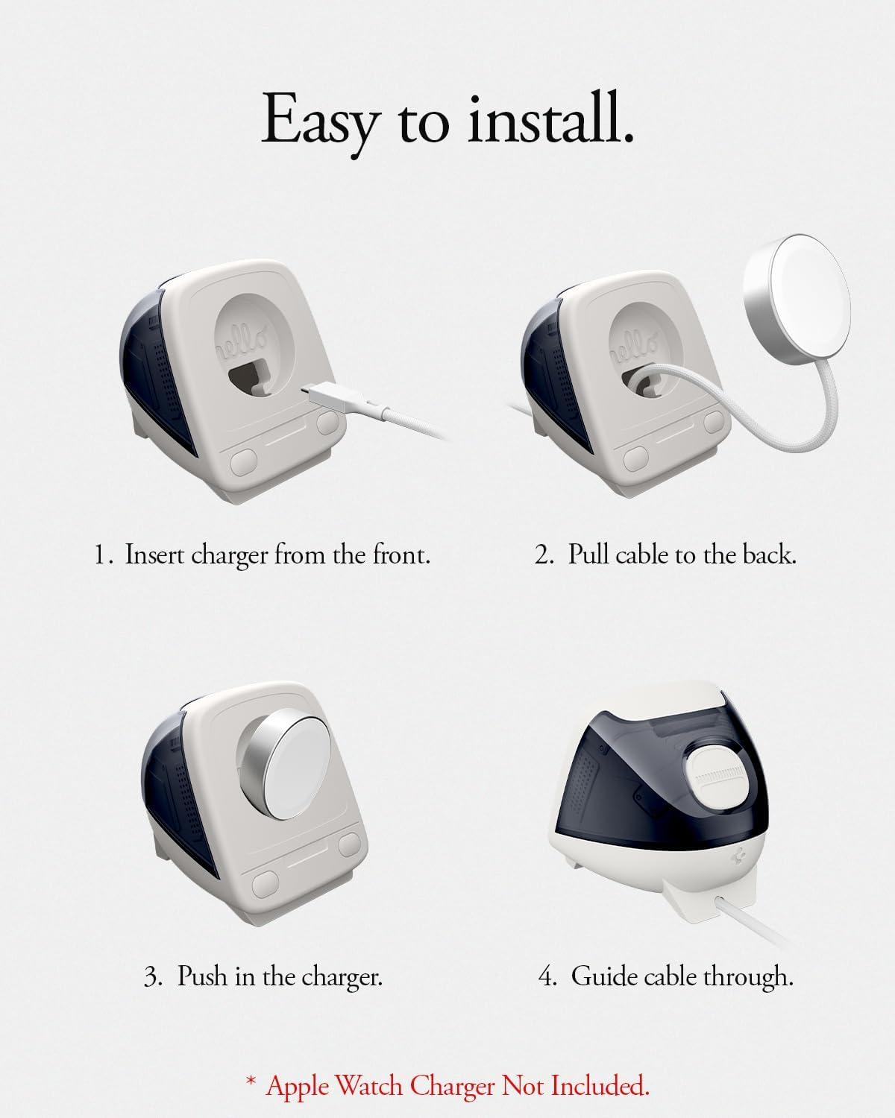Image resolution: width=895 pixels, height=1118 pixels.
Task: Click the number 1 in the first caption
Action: (x=101, y=555)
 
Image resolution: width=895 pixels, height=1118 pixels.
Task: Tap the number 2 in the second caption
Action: (x=542, y=555)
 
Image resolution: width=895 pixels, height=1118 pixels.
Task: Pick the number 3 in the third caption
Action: (x=151, y=976)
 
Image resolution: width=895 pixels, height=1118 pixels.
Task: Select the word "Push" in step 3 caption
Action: (x=202, y=976)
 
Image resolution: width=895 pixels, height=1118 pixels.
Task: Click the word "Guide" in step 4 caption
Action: (x=606, y=976)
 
